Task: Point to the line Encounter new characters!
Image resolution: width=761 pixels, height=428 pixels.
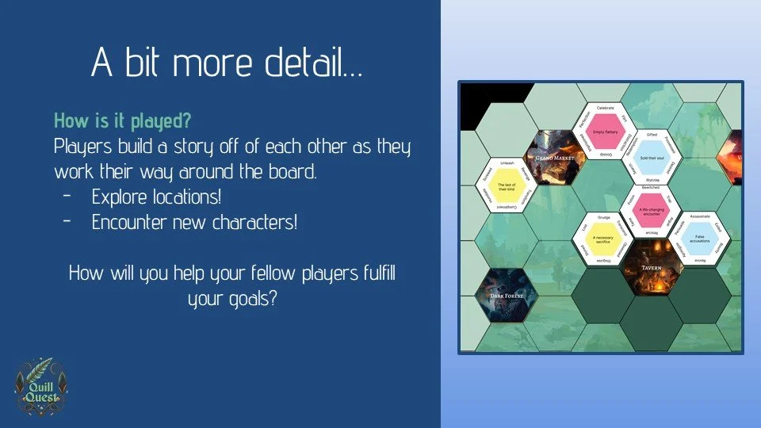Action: [194, 222]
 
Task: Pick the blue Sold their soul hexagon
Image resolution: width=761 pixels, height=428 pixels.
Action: [652, 158]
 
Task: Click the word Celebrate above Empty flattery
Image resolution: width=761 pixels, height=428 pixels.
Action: [606, 107]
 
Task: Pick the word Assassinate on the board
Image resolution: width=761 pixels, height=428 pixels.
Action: [698, 216]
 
